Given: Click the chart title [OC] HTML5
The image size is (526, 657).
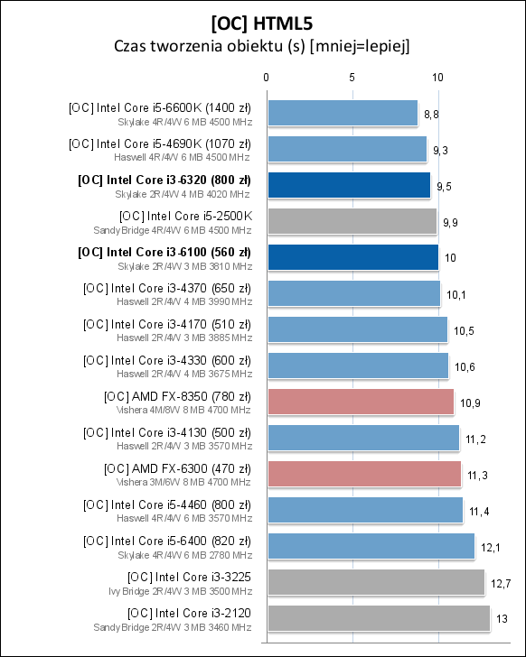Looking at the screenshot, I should coord(262,21).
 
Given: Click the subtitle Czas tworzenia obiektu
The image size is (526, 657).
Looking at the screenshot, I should coord(262,46).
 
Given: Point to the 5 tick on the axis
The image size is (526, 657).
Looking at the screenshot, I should coord(352,79).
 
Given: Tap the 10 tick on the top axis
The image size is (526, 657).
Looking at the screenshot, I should coord(437,79).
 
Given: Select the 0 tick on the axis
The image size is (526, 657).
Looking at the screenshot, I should coord(266,79).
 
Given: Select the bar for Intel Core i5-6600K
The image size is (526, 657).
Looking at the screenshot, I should coord(342,113).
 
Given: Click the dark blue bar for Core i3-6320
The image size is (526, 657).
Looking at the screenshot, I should coord(348,185).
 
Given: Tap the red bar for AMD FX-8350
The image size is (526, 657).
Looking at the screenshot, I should coord(360,402).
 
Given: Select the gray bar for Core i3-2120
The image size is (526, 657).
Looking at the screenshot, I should coord(378,618).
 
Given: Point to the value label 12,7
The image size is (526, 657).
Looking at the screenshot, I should coord(501,584).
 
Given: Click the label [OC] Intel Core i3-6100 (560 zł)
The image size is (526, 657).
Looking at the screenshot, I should coord(164,251).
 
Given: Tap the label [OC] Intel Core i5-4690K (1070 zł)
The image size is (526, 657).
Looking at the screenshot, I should coord(160,143).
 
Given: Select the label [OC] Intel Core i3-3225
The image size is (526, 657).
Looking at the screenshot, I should coord(190,576).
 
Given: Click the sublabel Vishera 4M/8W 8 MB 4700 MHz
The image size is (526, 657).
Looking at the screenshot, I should coord(184,410).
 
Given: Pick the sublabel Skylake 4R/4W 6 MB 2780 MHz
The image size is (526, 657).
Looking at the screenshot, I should coord(184,554).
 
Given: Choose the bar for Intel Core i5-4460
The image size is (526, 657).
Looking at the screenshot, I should coord(364,510).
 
